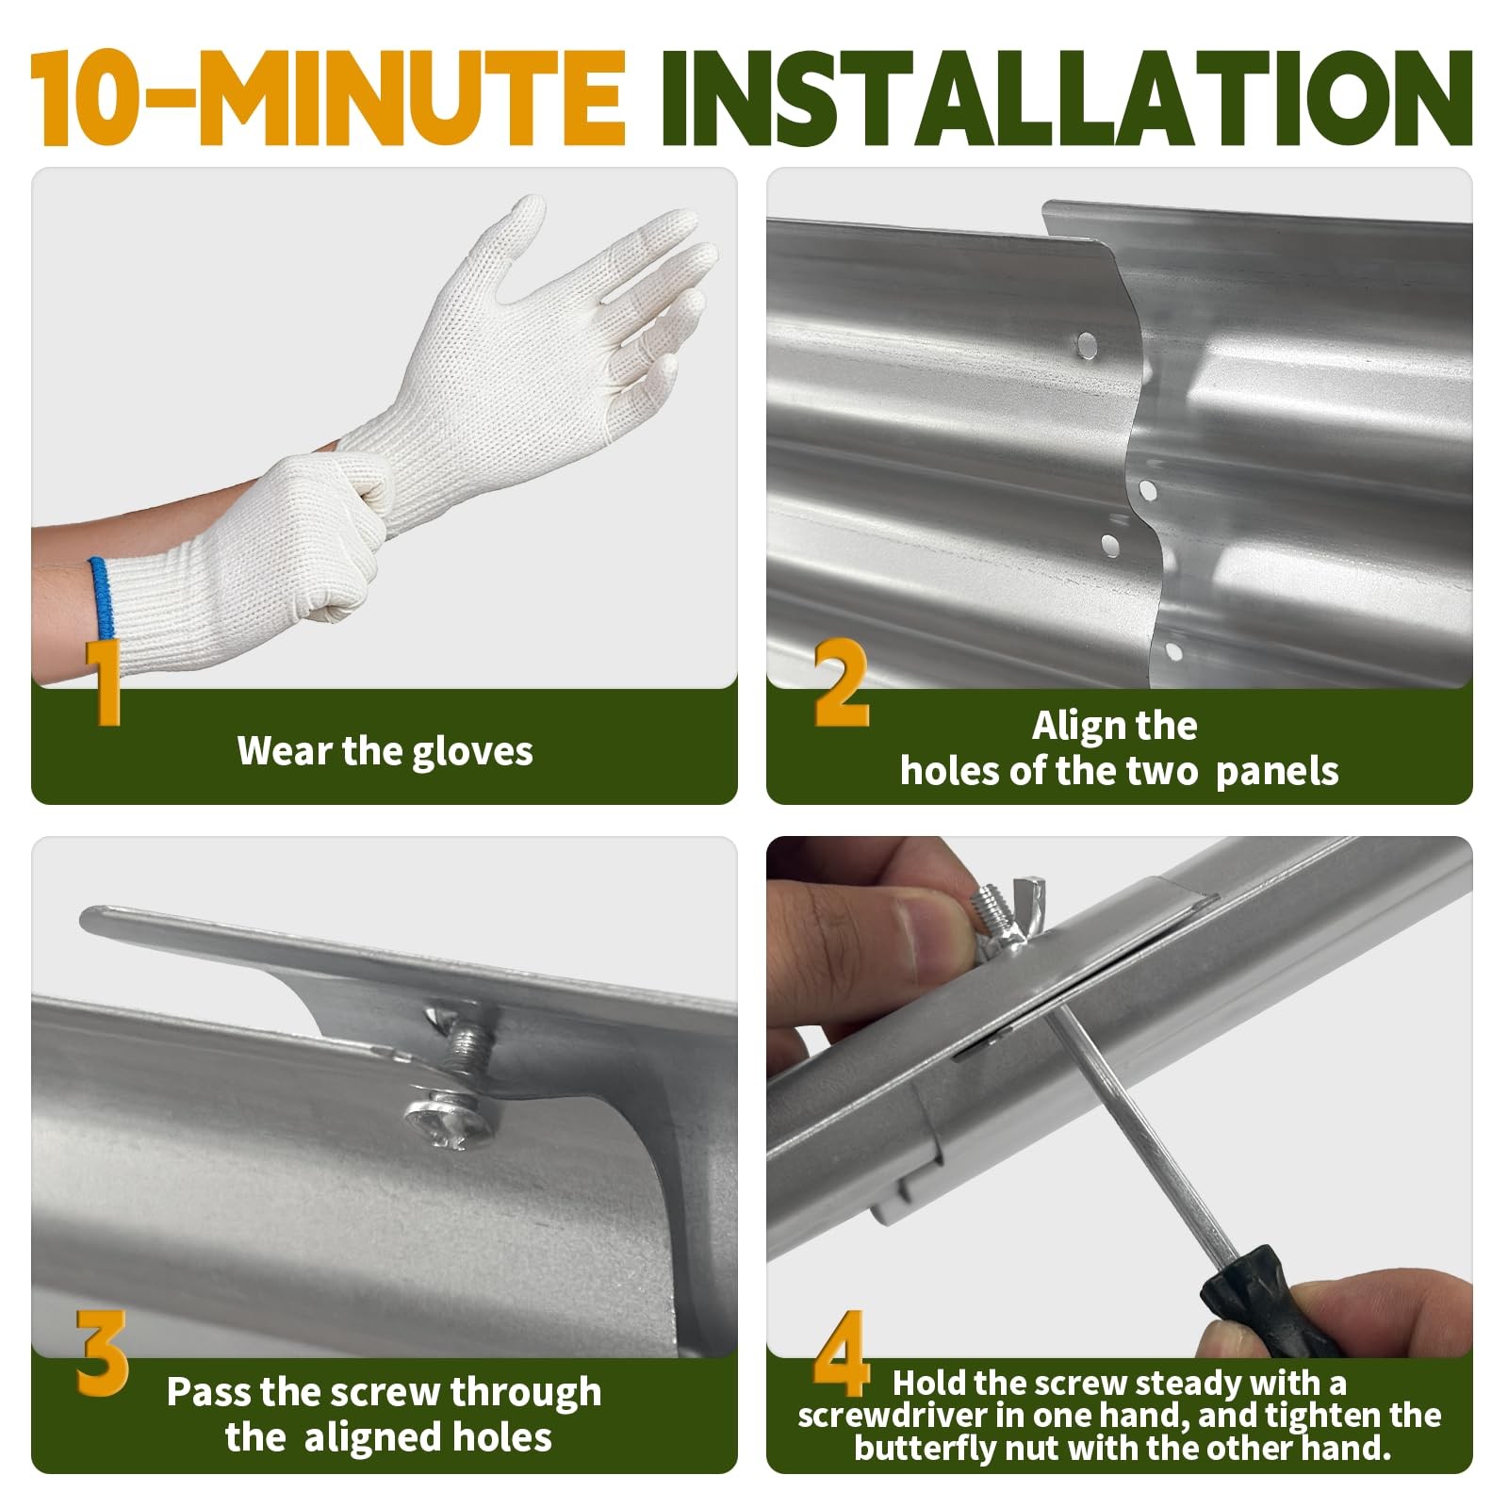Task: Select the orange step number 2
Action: (842, 682)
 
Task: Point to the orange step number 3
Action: (102, 1353)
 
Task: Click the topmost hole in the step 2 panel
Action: (1088, 343)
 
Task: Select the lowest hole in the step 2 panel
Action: (1173, 650)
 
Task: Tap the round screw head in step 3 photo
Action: (449, 1123)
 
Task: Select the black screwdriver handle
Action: (1263, 1300)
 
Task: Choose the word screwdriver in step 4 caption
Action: (891, 1415)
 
